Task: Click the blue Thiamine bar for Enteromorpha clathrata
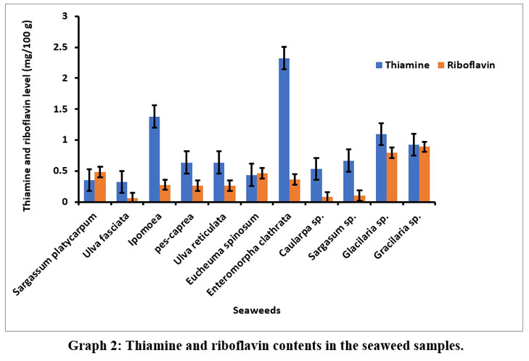tap(284, 130)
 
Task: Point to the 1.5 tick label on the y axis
tap(70, 109)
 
